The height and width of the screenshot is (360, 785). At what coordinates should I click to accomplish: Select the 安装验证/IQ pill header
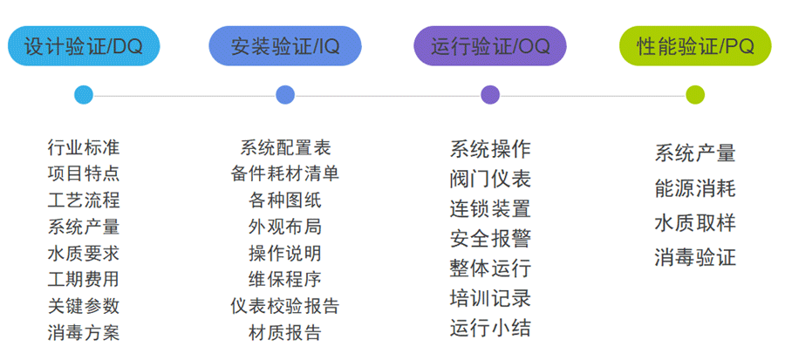pyautogui.click(x=285, y=46)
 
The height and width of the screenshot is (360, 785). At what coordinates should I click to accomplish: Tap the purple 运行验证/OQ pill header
pyautogui.click(x=490, y=46)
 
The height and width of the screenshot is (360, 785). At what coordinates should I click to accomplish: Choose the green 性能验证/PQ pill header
pyautogui.click(x=695, y=46)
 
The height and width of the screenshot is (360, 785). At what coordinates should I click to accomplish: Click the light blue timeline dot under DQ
pyautogui.click(x=84, y=95)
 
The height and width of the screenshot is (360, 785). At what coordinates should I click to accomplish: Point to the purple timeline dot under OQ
pyautogui.click(x=490, y=95)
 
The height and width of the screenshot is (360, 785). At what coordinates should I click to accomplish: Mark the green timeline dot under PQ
pyautogui.click(x=695, y=95)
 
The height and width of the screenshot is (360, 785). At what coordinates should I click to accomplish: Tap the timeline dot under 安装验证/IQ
pyautogui.click(x=285, y=95)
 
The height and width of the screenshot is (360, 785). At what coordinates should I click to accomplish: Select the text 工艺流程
pyautogui.click(x=84, y=200)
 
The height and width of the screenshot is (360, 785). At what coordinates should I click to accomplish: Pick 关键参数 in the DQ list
pyautogui.click(x=84, y=306)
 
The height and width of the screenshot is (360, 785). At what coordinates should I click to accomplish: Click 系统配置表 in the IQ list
pyautogui.click(x=285, y=148)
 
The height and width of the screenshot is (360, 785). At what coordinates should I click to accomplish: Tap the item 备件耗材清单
pyautogui.click(x=285, y=173)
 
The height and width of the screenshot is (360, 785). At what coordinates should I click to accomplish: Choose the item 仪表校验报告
pyautogui.click(x=285, y=306)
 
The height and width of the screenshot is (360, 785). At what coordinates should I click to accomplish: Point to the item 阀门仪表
pyautogui.click(x=490, y=180)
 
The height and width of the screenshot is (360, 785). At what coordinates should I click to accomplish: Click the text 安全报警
pyautogui.click(x=490, y=239)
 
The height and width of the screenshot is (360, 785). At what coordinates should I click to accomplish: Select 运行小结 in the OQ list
pyautogui.click(x=490, y=329)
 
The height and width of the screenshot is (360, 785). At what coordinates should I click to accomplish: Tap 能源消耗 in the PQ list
pyautogui.click(x=695, y=188)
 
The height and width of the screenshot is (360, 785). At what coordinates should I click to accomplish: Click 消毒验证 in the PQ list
pyautogui.click(x=695, y=258)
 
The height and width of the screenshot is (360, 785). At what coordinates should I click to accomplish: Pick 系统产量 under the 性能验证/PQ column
pyautogui.click(x=695, y=154)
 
